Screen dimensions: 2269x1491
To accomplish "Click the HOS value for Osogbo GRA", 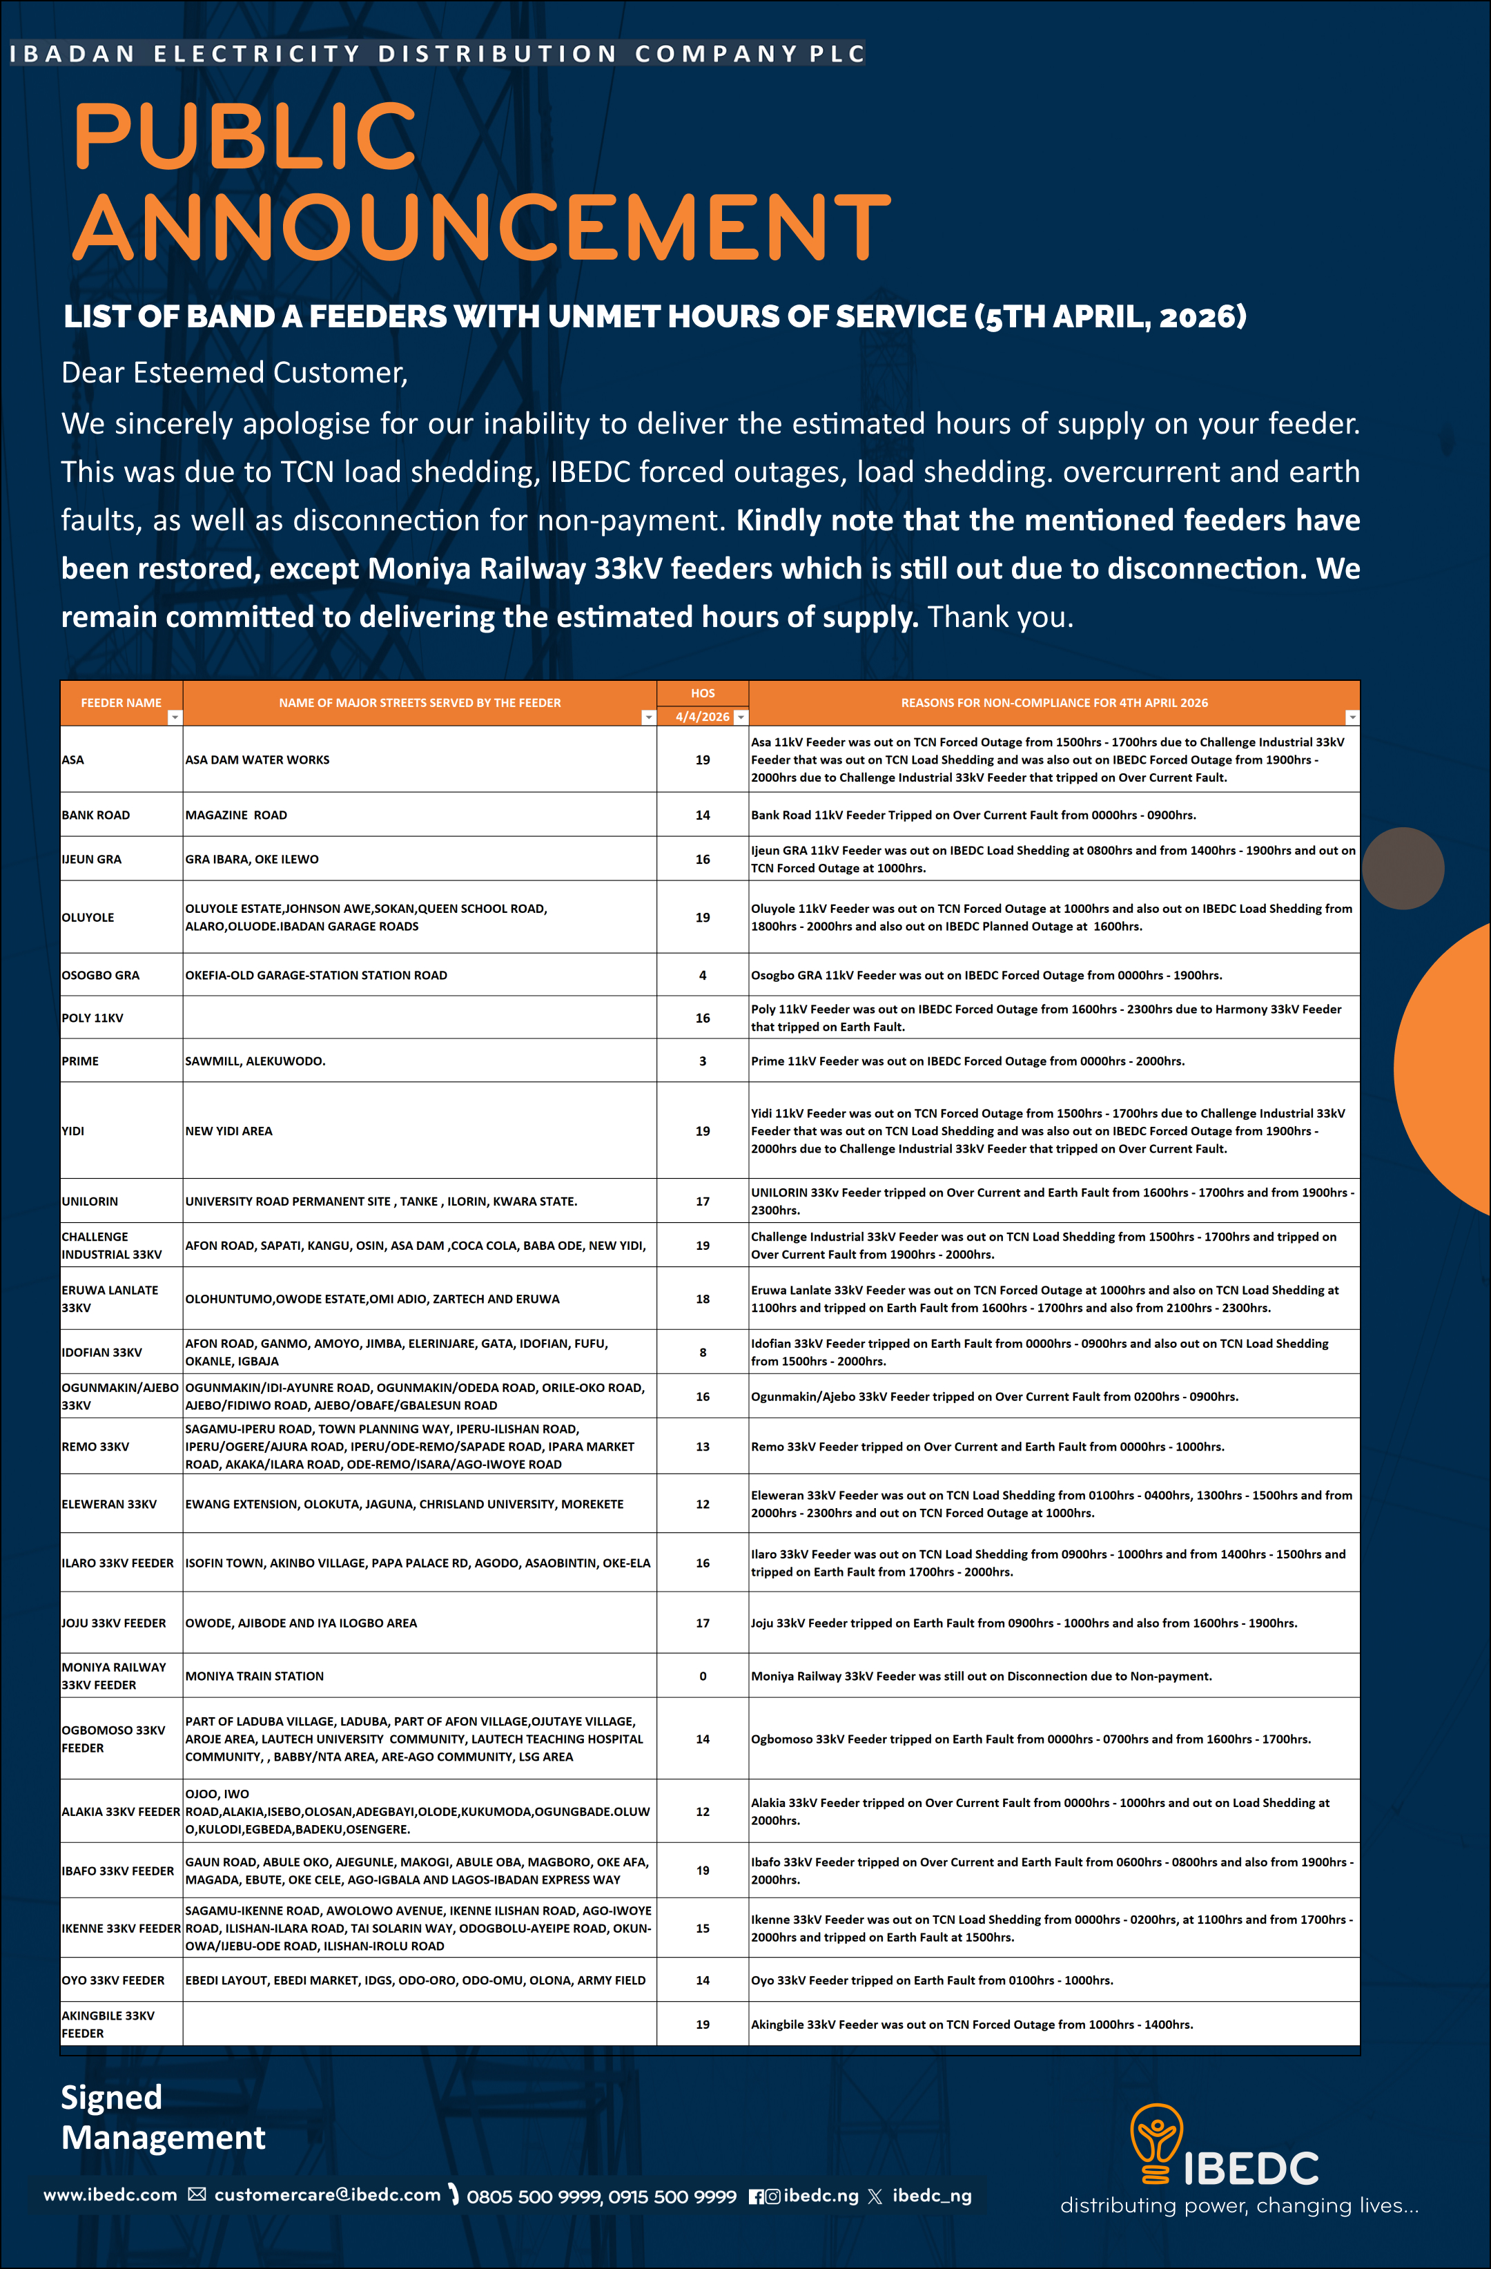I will coord(703,975).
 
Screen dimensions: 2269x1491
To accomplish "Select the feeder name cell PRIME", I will coord(81,1061).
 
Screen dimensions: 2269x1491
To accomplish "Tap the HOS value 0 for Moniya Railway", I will coord(703,1676).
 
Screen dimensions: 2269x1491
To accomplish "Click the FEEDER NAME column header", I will coord(121,703).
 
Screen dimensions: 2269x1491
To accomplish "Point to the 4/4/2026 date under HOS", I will coord(703,717).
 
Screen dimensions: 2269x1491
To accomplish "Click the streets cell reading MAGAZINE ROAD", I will coord(237,815).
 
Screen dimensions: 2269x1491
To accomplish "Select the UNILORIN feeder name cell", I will coord(90,1201).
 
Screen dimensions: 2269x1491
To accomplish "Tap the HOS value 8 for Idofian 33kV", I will coord(703,1352).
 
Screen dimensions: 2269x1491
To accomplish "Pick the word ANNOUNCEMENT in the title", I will coord(481,227).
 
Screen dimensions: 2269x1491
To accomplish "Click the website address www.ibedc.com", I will coord(110,2194).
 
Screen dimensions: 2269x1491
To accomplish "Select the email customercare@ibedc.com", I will coord(327,2194).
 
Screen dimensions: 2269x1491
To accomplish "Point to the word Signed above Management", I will coord(112,2096).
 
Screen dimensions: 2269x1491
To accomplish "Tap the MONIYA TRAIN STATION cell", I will coord(255,1676).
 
